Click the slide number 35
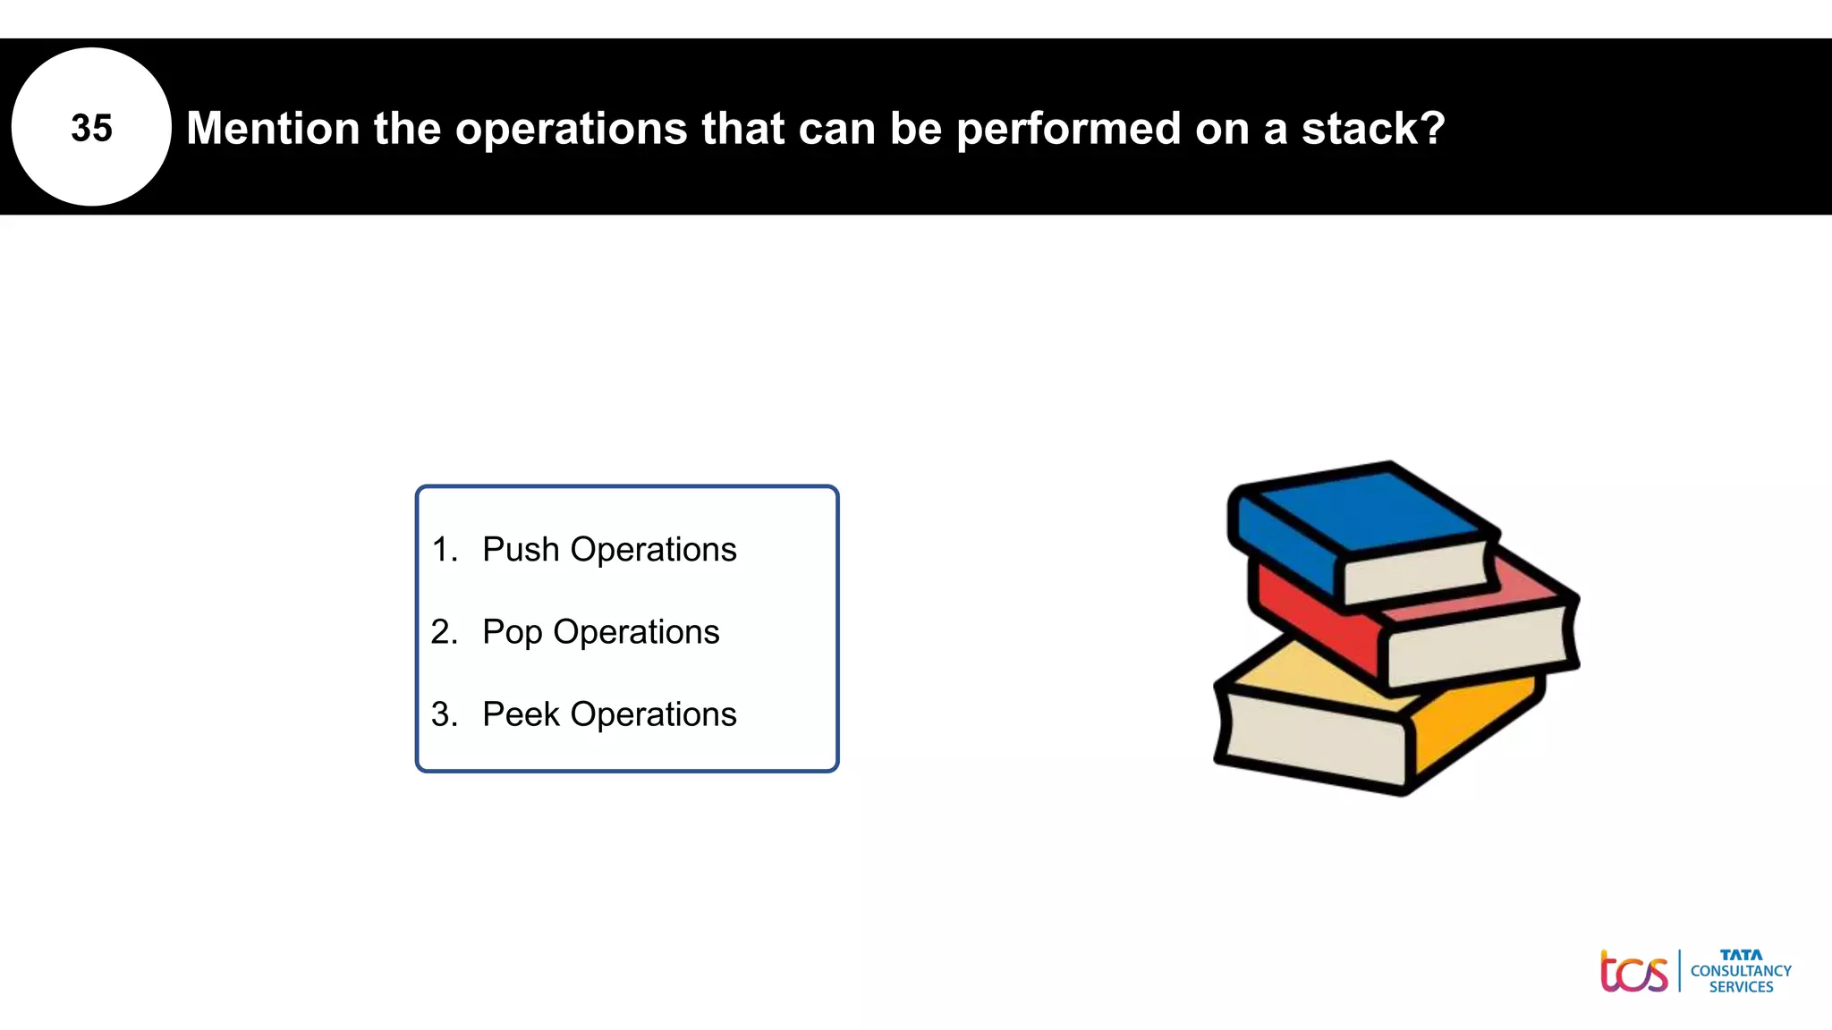pos(91,128)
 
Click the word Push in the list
pos(521,549)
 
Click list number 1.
pos(443,549)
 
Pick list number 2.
pos(443,632)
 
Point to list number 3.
pos(443,714)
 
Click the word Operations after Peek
pos(653,714)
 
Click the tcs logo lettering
pos(1633,973)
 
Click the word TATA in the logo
pos(1741,955)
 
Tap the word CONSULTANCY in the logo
pos(1741,971)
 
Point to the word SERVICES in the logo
pos(1741,987)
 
